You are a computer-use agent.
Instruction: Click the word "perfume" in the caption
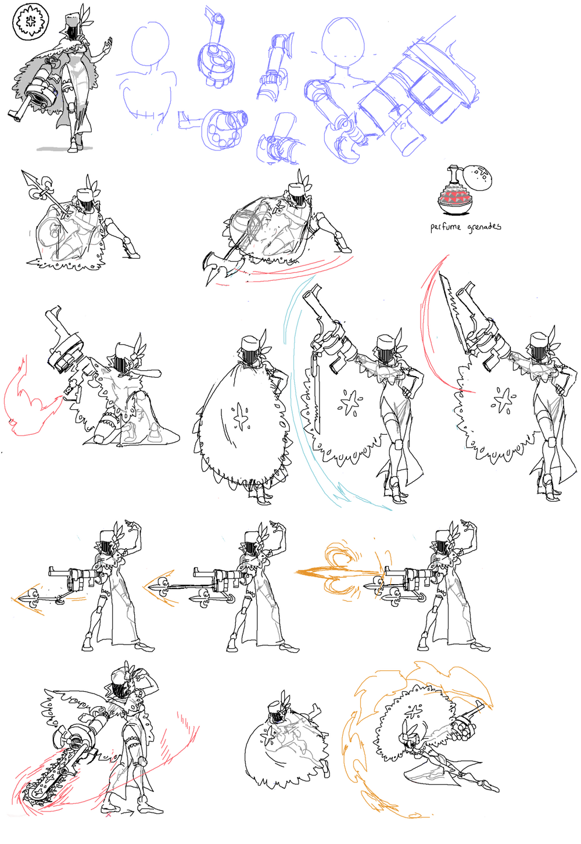click(x=446, y=227)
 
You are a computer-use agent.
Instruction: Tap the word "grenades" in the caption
click(x=484, y=227)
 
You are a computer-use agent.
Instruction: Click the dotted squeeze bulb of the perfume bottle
click(x=478, y=178)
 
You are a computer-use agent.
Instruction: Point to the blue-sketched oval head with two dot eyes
click(x=343, y=40)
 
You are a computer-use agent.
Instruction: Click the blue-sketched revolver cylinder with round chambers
click(x=222, y=128)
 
